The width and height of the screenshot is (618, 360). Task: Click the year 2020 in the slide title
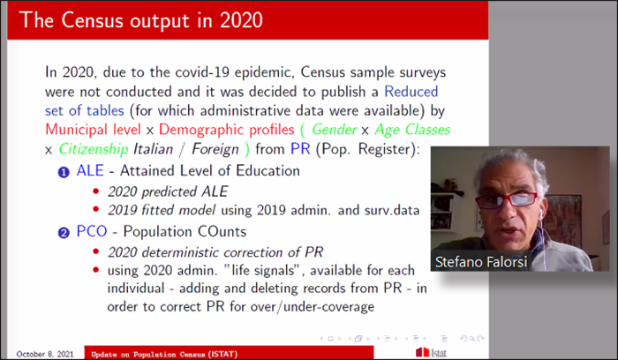[x=241, y=20]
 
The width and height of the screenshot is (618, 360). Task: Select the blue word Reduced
[x=411, y=92]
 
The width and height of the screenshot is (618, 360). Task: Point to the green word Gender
[x=335, y=130]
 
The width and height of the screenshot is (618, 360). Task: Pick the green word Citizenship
[x=94, y=150]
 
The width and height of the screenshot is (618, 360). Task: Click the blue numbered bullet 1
[x=64, y=172]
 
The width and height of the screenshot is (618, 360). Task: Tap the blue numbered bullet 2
[x=64, y=233]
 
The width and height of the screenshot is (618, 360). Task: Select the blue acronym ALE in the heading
[x=90, y=170]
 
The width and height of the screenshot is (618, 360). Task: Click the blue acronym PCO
[x=92, y=231]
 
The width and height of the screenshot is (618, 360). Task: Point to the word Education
[x=268, y=170]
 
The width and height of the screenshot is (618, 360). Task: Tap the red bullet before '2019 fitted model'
[x=95, y=209]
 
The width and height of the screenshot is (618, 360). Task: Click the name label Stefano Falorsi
[x=481, y=262]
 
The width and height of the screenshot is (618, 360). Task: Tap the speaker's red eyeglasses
[x=508, y=199]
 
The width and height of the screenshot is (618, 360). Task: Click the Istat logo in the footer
[x=432, y=353]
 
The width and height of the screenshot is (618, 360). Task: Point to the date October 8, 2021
[x=45, y=354]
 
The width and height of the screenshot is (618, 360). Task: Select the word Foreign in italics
[x=215, y=150]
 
